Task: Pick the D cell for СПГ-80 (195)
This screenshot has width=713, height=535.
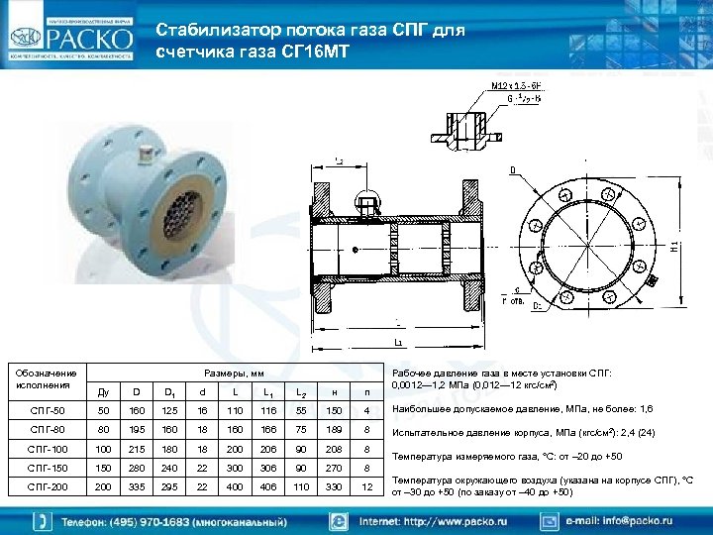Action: pyautogui.click(x=136, y=429)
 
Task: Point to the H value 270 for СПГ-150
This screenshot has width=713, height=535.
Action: pyautogui.click(x=334, y=469)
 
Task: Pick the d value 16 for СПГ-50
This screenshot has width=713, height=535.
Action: pyautogui.click(x=202, y=409)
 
